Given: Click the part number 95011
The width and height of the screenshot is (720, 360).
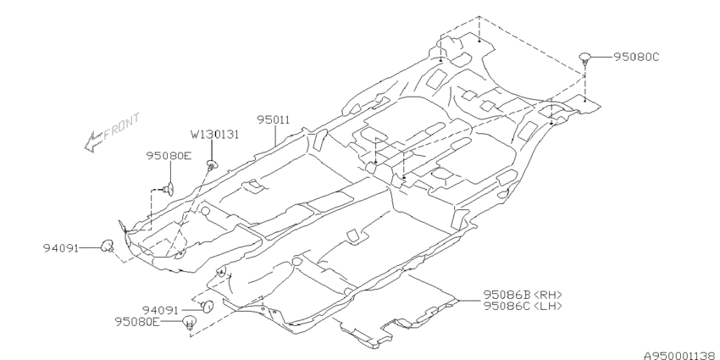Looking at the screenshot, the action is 274,119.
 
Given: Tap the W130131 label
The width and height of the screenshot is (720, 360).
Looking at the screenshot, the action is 215,135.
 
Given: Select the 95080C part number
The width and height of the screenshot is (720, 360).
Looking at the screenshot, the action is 636,57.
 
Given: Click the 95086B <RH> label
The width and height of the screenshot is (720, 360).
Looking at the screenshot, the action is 523,295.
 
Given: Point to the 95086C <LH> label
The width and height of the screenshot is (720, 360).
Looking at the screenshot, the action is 523,306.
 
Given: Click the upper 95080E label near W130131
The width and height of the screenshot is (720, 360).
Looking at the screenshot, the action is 169,156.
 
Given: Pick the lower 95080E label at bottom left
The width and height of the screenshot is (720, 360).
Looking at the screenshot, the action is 137,322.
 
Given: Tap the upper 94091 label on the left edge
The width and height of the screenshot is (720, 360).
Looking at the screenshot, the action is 61,248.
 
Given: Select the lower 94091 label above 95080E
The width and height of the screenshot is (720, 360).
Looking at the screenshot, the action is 159,311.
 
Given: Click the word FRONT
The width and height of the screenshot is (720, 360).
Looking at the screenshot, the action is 122,126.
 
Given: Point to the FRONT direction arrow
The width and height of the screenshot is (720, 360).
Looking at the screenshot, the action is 93,141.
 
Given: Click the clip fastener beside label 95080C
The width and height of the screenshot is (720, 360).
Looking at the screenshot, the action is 584,58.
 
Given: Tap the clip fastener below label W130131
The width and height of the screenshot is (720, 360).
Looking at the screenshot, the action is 212,164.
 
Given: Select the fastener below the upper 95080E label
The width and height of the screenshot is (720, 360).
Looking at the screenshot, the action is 168,189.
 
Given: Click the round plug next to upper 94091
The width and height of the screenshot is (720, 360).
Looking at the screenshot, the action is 107,246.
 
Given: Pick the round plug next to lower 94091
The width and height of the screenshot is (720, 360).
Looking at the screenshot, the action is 208,306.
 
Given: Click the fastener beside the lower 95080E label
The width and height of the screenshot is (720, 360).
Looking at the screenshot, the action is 189,323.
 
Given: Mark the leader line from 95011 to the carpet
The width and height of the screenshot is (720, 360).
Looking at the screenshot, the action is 275,135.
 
